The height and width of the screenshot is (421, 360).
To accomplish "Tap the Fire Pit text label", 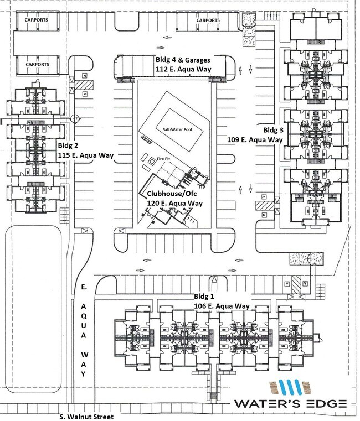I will click(x=163, y=158).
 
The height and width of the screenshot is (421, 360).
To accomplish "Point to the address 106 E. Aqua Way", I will click(x=222, y=306).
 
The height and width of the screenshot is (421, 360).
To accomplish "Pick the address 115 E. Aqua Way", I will click(x=85, y=156).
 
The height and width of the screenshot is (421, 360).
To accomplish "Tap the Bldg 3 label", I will click(x=274, y=130).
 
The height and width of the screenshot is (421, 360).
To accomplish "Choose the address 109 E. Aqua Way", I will click(x=255, y=140).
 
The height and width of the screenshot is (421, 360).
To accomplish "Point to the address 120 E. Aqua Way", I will click(x=174, y=204).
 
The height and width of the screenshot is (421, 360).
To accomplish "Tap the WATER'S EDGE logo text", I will click(x=291, y=404).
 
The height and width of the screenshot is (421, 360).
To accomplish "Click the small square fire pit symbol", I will click(x=152, y=160).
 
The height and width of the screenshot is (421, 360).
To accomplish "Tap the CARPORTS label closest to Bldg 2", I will click(x=37, y=64).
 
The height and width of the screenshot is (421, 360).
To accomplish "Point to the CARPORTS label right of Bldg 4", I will click(x=208, y=20).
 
